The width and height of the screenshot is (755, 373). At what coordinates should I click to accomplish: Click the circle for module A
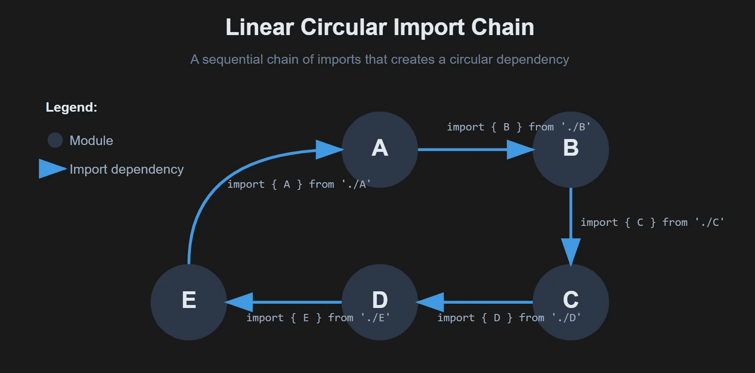point(379,149)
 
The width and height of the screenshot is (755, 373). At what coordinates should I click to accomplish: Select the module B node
point(570,149)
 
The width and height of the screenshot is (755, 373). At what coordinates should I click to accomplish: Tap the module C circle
point(570,302)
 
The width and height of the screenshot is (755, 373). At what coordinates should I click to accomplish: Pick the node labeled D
point(379,302)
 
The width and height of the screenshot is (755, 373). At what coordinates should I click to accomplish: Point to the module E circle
point(188,302)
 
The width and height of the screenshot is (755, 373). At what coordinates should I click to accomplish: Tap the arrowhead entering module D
point(431,302)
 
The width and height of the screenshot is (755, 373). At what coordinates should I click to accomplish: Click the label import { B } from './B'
point(519,127)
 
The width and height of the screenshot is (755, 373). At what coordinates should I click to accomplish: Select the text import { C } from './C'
point(652,222)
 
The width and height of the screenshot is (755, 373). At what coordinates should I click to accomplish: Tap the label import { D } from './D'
point(509,318)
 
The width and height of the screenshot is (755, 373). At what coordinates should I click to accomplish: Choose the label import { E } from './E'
point(318,318)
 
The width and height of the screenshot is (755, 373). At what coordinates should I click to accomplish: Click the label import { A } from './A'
point(298,184)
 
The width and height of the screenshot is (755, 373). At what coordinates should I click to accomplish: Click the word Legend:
point(72,107)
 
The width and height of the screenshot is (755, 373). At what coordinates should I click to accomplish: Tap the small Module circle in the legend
point(55,140)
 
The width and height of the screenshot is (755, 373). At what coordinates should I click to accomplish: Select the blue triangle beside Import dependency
point(51,169)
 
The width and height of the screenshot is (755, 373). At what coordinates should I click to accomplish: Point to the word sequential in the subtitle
point(232,59)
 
